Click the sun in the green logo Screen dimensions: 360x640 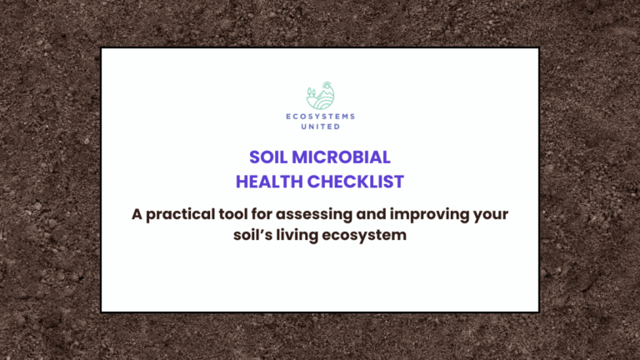327,86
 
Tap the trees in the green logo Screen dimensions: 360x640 311,92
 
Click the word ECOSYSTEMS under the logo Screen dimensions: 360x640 320,117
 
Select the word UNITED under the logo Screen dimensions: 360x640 320,127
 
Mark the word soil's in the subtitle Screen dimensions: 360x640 254,235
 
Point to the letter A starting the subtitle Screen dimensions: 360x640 137,214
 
